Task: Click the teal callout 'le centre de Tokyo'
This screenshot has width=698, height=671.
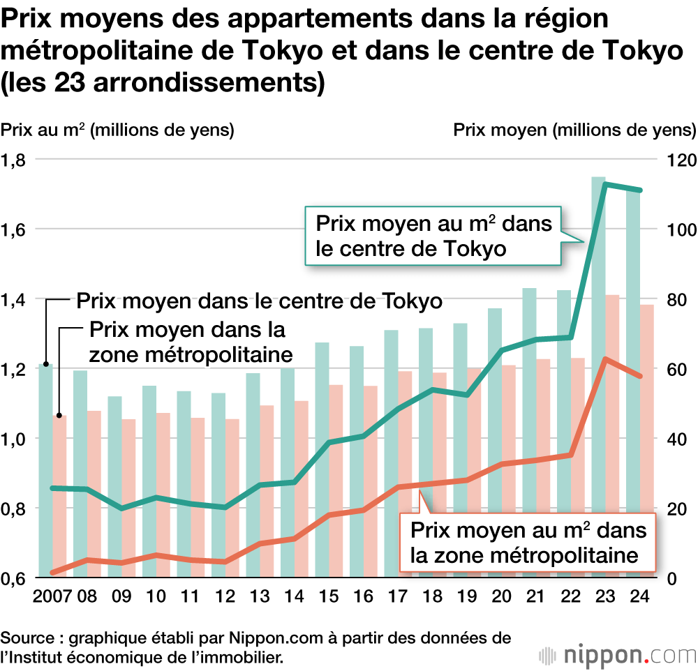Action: (x=433, y=236)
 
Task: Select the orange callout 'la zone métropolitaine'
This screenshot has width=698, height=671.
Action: (x=528, y=543)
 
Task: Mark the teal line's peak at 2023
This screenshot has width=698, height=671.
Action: (x=605, y=184)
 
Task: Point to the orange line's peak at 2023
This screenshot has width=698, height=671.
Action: (x=605, y=359)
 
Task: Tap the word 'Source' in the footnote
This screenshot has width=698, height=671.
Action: (x=26, y=638)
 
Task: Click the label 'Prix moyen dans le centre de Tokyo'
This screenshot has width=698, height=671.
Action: (x=259, y=301)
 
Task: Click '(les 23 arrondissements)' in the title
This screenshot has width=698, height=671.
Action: (x=163, y=82)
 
